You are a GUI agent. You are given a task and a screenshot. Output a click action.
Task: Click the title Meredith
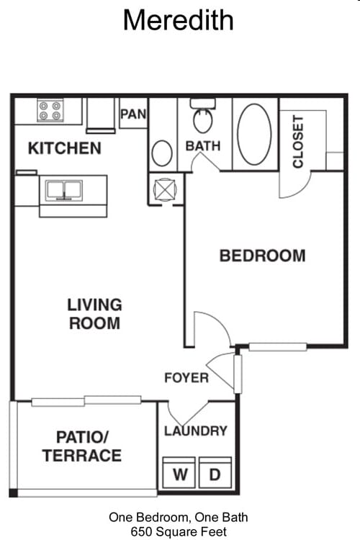click(178, 19)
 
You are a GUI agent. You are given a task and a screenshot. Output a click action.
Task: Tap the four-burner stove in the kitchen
click(50, 110)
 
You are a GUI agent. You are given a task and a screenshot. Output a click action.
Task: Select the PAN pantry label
click(134, 114)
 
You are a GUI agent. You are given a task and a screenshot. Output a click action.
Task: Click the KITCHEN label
click(64, 149)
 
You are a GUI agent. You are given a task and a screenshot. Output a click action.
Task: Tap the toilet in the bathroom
click(202, 118)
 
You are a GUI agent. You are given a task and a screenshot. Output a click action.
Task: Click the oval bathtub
click(255, 134)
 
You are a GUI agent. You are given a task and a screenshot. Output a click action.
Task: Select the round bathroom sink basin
click(162, 153)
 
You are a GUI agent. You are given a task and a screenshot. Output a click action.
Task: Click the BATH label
click(203, 145)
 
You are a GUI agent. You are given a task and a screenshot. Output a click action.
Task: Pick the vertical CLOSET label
click(298, 142)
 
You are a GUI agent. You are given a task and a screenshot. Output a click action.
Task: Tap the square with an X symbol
click(164, 189)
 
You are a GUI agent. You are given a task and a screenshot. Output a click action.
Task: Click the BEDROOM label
click(262, 256)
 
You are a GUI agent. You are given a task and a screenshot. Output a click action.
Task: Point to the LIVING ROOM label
click(94, 314)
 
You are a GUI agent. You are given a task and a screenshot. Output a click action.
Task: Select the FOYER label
click(186, 378)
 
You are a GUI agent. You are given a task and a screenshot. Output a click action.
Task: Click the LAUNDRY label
click(196, 431)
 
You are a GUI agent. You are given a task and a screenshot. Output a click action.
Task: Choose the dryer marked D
click(215, 474)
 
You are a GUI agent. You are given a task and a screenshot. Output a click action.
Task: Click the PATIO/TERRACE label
click(81, 446)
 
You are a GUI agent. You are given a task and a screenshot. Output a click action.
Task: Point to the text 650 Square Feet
click(179, 531)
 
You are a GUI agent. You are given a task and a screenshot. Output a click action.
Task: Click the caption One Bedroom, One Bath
click(179, 517)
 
